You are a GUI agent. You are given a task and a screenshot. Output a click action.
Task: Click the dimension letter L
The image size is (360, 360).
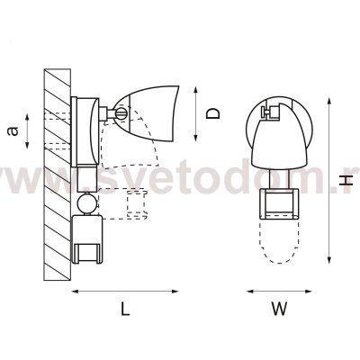[x=125, y=309]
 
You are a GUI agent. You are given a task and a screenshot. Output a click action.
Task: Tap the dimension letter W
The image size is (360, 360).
[x=279, y=309]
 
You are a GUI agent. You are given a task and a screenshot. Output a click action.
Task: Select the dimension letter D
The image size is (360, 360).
[x=213, y=113]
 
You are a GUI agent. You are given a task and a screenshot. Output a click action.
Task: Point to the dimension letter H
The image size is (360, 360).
[x=347, y=180]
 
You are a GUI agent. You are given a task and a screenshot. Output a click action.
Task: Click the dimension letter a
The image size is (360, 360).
[x=13, y=131]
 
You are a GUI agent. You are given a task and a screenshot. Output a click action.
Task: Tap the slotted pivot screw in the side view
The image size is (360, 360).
[x=121, y=113]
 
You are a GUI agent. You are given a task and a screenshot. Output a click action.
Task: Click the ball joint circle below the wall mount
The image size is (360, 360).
[x=86, y=203]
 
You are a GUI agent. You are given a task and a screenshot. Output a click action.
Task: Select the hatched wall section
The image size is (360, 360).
[x=58, y=175]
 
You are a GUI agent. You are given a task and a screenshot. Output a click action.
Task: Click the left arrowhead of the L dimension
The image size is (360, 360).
[x=75, y=291]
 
